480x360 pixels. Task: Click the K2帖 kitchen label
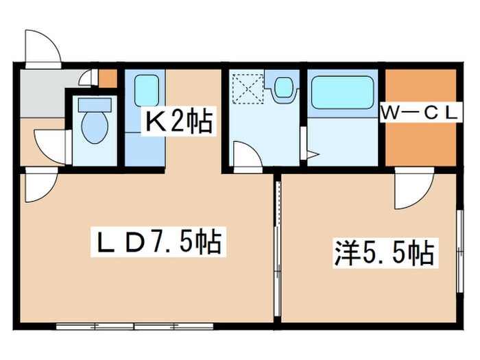pyautogui.click(x=176, y=123)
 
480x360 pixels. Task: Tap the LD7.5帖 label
pyautogui.click(x=157, y=243)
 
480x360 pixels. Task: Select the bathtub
pyautogui.click(x=342, y=93)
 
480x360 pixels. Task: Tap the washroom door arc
pyautogui.click(x=247, y=154)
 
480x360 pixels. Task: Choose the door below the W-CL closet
pyautogui.click(x=413, y=191)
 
